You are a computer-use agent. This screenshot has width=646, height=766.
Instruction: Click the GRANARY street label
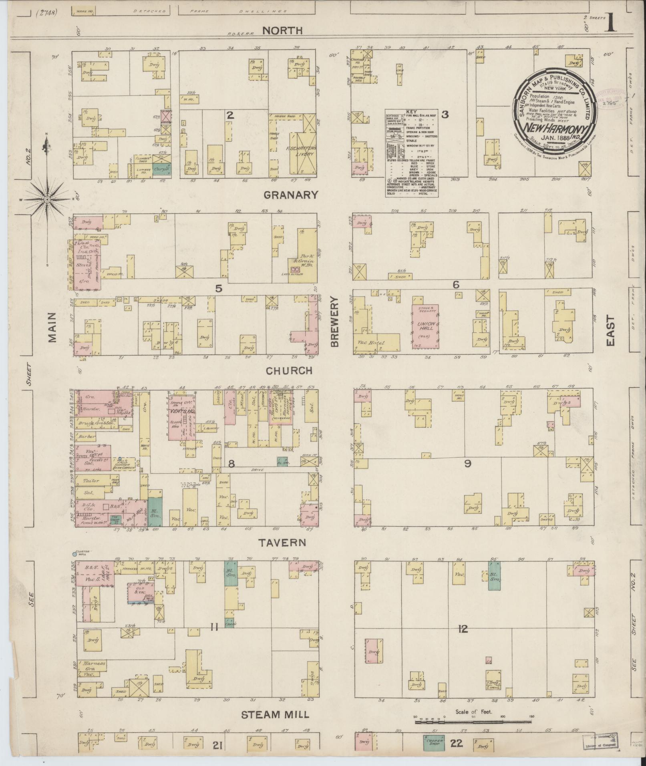click(291, 195)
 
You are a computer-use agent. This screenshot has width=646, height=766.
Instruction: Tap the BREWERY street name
click(334, 322)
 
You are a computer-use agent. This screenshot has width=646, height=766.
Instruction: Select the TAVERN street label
click(282, 543)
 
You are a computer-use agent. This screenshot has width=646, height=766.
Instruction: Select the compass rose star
click(47, 199)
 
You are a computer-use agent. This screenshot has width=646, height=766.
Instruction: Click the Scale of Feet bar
click(473, 722)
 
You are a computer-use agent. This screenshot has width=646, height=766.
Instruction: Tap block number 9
click(467, 463)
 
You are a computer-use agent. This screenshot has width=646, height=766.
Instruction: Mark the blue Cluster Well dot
click(74, 554)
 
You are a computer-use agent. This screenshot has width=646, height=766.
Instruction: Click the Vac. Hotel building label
click(371, 343)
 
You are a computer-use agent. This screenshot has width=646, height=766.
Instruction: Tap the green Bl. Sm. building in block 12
click(494, 575)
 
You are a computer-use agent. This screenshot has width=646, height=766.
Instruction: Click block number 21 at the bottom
click(217, 745)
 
